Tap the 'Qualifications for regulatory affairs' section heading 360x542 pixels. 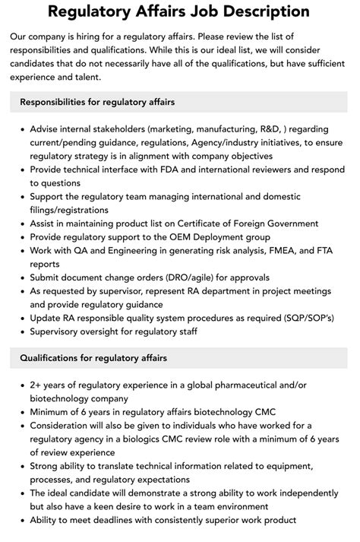pos(93,357)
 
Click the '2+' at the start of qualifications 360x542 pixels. pos(37,385)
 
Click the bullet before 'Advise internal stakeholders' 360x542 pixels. pos(21,128)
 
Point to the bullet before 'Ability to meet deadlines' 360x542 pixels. pos(21,521)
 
